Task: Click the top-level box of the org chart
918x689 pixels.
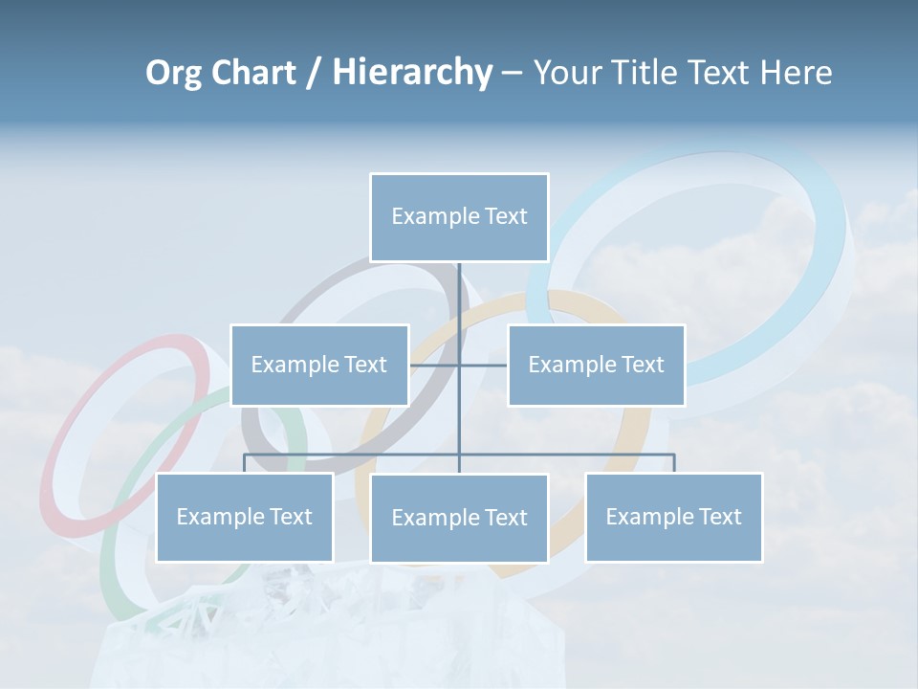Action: tap(459, 217)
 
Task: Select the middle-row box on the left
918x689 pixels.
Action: tap(319, 365)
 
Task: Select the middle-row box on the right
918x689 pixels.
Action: tap(596, 365)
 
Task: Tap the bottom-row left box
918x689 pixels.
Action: tap(245, 517)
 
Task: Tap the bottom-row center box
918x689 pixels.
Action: tap(459, 518)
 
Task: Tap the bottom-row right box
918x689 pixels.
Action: tap(673, 517)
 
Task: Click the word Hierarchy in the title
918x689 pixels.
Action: tap(412, 73)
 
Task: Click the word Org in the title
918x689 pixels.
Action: tap(174, 73)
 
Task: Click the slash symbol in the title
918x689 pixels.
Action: tap(314, 73)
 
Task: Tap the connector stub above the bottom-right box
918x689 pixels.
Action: tap(674, 463)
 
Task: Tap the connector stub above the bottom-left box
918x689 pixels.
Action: tap(245, 463)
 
